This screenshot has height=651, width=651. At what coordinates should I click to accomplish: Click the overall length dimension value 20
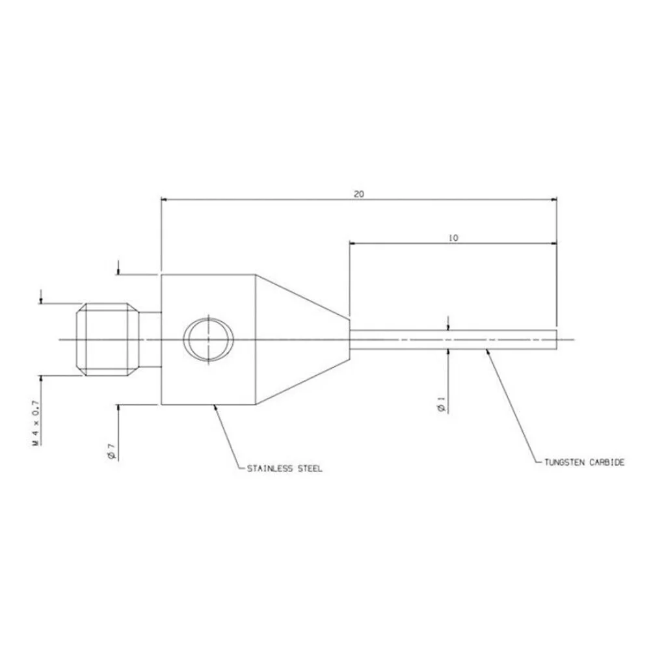359,194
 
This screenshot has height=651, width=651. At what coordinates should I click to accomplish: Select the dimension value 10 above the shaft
453,238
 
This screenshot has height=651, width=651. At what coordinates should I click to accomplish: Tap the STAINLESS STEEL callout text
284,469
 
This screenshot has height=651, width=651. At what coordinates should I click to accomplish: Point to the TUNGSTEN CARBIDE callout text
584,462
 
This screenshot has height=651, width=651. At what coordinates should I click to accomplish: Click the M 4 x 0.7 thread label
36,423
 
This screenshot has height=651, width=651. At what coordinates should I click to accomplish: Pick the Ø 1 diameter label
442,405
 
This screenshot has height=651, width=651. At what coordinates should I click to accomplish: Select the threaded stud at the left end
107,339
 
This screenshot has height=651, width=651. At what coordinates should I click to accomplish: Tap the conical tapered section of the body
302,339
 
